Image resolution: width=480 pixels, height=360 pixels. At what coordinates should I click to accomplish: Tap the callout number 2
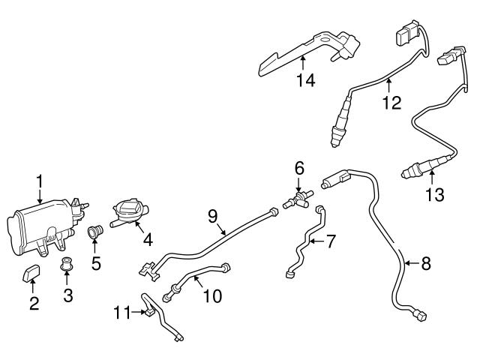(x=33, y=303)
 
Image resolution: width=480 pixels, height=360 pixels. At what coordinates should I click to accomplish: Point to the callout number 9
(x=212, y=215)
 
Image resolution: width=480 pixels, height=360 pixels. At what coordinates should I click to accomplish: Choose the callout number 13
(x=434, y=195)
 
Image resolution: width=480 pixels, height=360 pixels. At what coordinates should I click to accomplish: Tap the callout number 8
(x=425, y=263)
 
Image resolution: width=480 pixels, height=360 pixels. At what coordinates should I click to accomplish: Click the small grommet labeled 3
(x=66, y=264)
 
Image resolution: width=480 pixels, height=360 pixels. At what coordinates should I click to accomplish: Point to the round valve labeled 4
(x=127, y=211)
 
